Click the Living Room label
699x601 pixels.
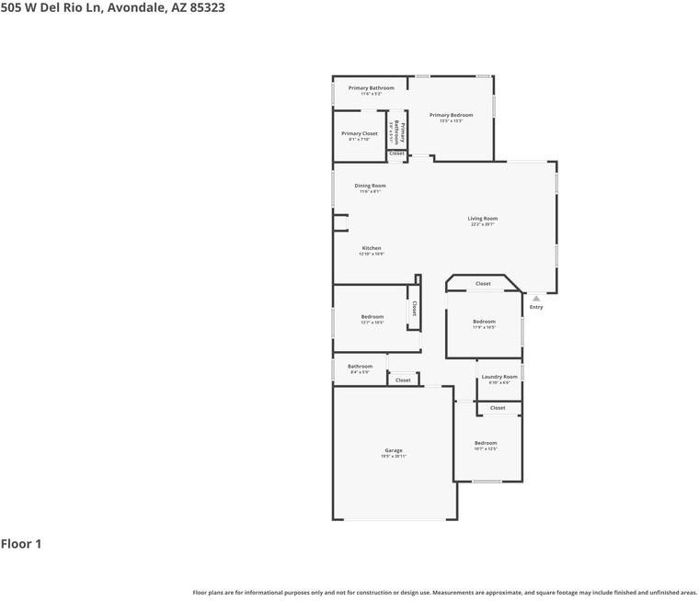483,219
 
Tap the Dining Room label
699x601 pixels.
371,186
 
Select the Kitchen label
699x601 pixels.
372,248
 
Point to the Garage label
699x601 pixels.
394,450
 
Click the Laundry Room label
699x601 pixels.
499,377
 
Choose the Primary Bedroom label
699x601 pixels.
451,115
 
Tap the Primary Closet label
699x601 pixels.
360,134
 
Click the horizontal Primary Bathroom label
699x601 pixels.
372,88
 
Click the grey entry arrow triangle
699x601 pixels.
536,298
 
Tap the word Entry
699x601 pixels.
536,307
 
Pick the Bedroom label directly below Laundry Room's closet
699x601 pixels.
486,443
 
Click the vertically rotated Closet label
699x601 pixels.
414,309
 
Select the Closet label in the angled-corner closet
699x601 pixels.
483,284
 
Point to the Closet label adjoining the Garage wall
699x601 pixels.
403,380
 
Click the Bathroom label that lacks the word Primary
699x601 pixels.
361,367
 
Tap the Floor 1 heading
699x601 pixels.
21,544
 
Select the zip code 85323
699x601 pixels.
207,7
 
